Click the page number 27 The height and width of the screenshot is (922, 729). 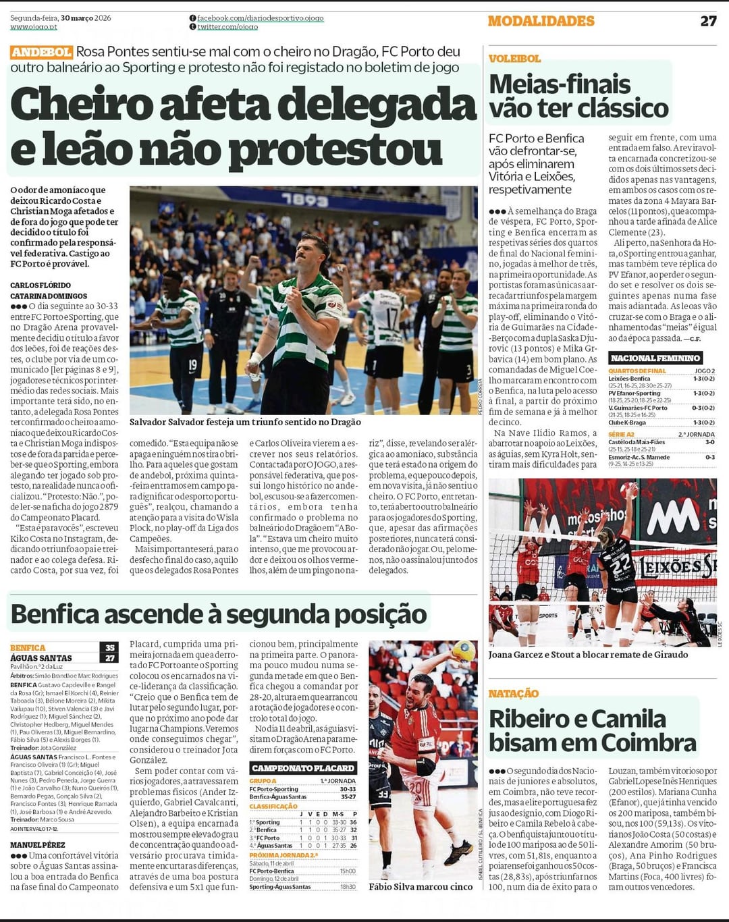tap(708, 21)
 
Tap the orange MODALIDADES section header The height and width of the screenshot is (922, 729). tap(541, 21)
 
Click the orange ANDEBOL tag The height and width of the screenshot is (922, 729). tap(41, 52)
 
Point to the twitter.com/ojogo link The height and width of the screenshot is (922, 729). tap(227, 27)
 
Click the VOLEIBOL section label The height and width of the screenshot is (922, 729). tap(514, 59)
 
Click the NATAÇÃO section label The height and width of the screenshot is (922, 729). tap(514, 693)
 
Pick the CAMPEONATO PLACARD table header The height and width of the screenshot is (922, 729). tap(302, 767)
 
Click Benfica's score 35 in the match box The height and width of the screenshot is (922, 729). tap(110, 647)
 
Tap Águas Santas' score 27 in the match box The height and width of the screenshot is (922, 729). tap(110, 657)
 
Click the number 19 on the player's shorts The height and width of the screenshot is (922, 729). tap(193, 365)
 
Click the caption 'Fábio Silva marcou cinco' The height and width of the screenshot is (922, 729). tap(420, 886)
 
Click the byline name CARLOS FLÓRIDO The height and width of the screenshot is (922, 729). tap(40, 286)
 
